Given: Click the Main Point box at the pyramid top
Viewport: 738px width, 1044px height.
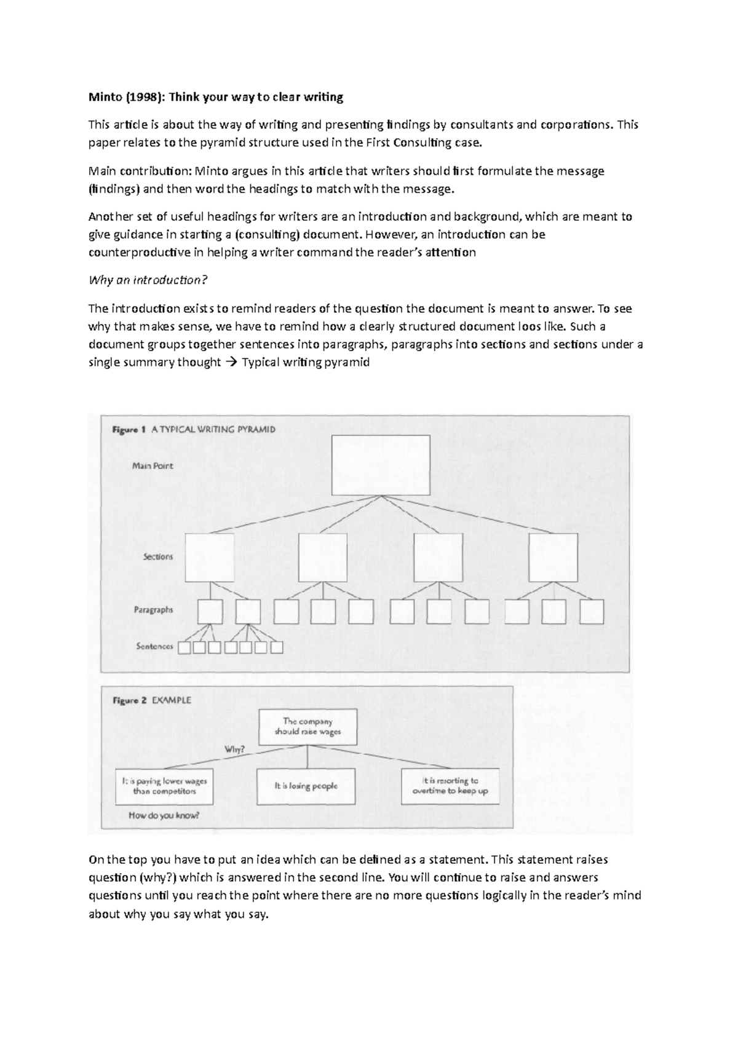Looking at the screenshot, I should (381, 465).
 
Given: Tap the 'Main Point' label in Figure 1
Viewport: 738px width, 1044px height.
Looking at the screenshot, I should (153, 466).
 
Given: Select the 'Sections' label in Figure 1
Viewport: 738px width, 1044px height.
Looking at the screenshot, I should (158, 556).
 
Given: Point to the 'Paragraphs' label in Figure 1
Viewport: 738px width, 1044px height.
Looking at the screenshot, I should (154, 610).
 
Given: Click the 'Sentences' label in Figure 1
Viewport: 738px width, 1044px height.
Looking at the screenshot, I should (154, 646).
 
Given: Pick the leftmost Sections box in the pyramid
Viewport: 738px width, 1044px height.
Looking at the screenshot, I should (210, 557).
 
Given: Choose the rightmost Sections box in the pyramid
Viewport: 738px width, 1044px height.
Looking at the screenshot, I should (553, 557).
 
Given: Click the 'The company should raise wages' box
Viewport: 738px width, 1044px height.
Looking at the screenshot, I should (307, 727).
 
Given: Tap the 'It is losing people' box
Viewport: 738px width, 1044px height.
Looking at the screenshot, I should (306, 786).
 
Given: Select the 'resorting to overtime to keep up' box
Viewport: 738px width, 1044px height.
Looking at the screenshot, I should (450, 786).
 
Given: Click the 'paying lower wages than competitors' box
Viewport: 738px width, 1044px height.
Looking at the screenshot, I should (164, 786).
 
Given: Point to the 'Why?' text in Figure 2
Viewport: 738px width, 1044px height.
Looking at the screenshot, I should (235, 749).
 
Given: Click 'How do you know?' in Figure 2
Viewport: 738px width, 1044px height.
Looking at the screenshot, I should (164, 815).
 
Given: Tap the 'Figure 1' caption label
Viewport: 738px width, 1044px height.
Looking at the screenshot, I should (129, 430).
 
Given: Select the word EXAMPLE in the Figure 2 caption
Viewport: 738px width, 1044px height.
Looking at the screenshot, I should (172, 700).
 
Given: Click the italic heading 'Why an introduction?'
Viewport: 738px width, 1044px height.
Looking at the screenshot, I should (148, 280).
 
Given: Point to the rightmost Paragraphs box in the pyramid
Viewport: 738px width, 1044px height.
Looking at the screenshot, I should (592, 612).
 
